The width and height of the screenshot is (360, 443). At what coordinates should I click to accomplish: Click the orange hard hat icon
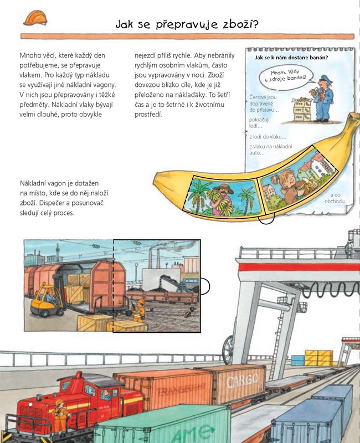coord(35,18)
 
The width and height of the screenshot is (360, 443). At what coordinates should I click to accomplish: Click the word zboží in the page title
coord(240,24)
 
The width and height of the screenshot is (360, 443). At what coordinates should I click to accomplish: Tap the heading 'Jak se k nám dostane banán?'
coord(291,58)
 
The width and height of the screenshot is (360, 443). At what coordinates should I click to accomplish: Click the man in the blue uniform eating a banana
coord(323,99)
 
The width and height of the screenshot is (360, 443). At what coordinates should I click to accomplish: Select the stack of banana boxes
coord(302,110)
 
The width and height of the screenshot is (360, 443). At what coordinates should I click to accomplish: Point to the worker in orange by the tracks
coord(139,311)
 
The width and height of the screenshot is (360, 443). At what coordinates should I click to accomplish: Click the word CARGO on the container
coord(243,380)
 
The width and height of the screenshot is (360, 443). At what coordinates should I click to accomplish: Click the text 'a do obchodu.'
coord(335,198)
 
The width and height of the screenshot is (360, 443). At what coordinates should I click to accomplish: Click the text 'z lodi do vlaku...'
coord(268,137)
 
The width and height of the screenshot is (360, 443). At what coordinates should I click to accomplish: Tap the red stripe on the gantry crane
coord(299,267)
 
